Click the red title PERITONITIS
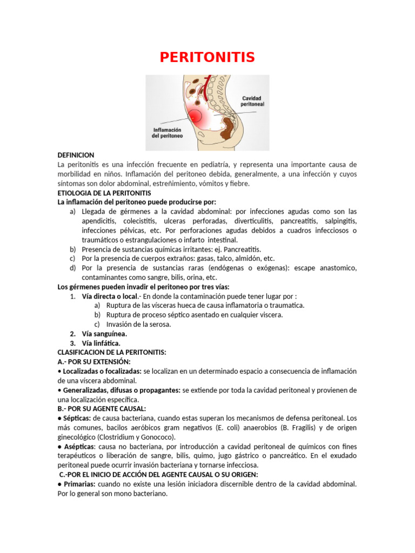click(x=207, y=57)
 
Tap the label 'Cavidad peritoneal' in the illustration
click(x=252, y=101)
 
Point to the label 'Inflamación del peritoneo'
click(x=167, y=133)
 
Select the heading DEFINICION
click(x=76, y=155)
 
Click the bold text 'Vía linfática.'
click(x=101, y=343)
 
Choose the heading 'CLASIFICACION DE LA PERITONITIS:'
click(x=112, y=353)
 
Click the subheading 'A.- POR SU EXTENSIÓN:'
click(x=94, y=361)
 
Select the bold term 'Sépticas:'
click(x=76, y=419)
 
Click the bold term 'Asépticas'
click(x=79, y=447)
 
